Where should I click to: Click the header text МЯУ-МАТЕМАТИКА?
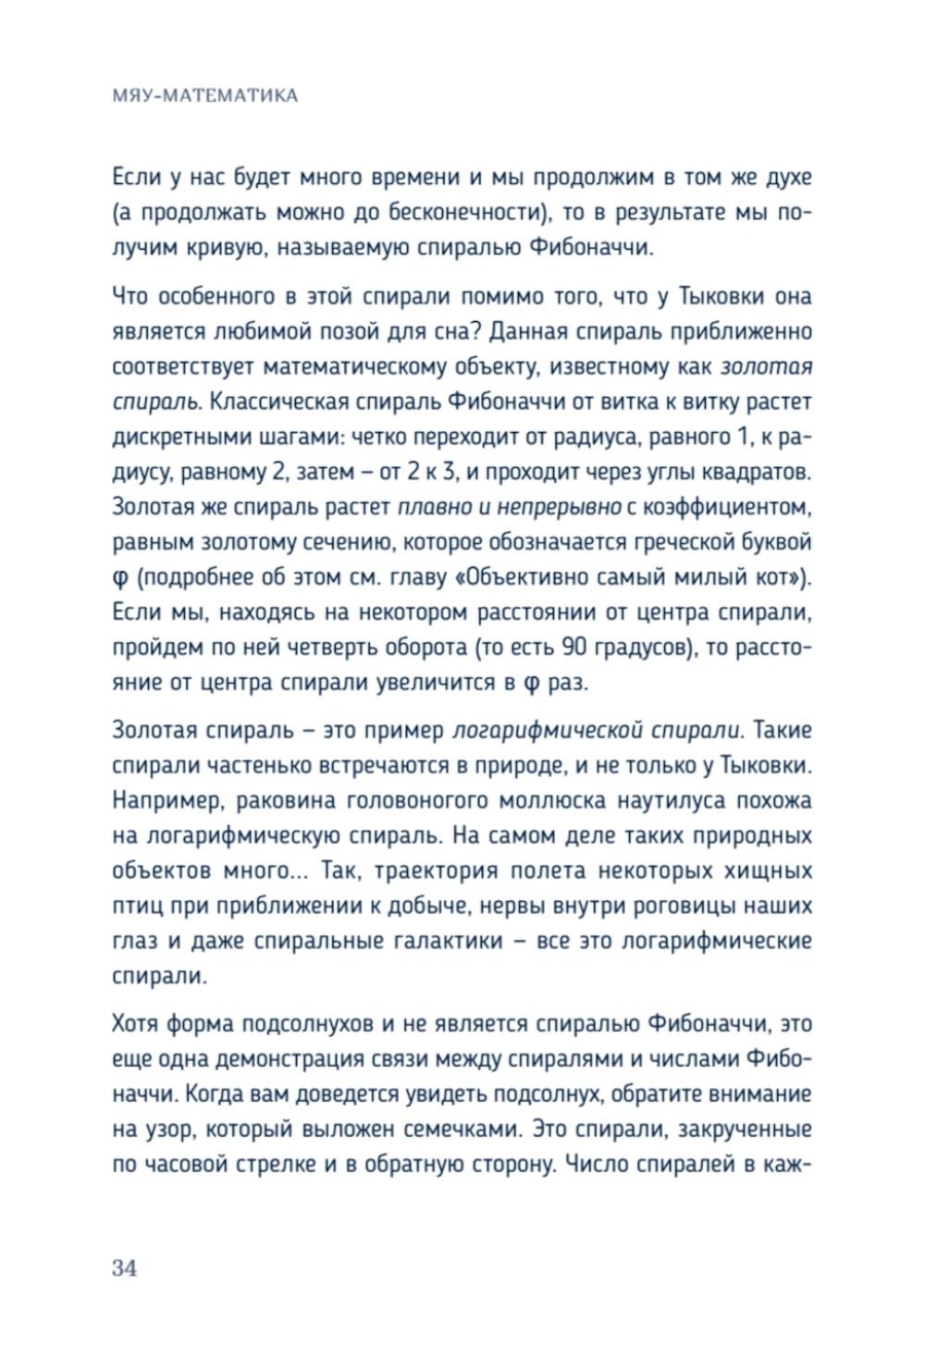click(x=204, y=95)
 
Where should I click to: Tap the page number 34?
click(x=125, y=1268)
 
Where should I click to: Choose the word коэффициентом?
click(x=721, y=507)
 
